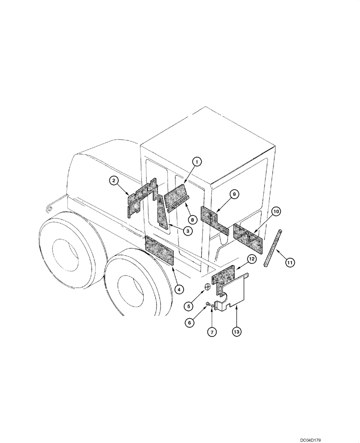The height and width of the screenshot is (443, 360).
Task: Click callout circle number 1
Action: (x=197, y=162)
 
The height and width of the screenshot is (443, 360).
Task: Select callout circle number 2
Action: (x=114, y=180)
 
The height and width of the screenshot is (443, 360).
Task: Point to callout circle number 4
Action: (x=179, y=289)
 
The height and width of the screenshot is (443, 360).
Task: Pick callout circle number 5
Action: (x=188, y=305)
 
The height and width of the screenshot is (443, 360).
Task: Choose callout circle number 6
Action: (x=190, y=323)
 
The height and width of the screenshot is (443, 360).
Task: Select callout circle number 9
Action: (x=235, y=194)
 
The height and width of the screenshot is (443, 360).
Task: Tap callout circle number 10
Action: (x=276, y=212)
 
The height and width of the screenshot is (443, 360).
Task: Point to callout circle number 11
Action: (x=289, y=263)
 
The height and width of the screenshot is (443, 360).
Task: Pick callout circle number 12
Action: (x=251, y=259)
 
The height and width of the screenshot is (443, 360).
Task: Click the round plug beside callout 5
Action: (x=208, y=286)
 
